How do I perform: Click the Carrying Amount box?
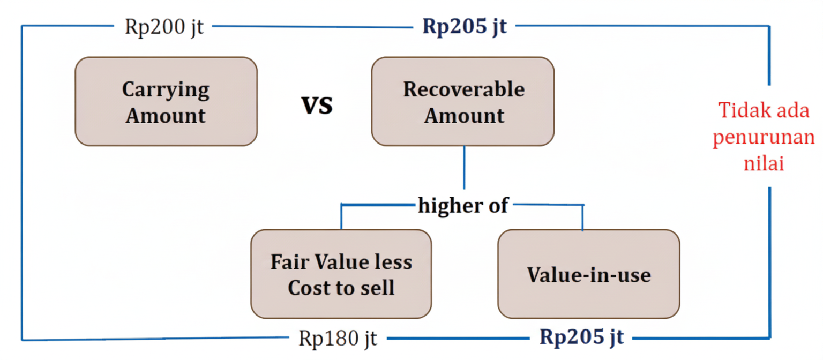[166, 101]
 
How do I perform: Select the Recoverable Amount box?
[463, 101]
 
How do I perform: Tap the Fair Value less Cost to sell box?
[341, 274]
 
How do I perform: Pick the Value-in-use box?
[589, 274]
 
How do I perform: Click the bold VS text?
[317, 105]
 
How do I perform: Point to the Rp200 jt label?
[164, 27]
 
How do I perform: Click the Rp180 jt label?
[338, 339]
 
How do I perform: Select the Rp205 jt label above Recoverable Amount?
[465, 26]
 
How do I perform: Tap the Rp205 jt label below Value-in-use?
[581, 337]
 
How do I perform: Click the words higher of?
[463, 205]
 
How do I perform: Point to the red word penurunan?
[764, 137]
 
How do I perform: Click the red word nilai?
[764, 163]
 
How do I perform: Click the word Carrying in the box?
[166, 90]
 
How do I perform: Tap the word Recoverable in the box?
[463, 89]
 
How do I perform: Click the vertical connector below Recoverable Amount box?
[464, 168]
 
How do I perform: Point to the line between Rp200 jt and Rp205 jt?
[313, 26]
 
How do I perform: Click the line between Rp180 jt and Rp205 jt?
[458, 339]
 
